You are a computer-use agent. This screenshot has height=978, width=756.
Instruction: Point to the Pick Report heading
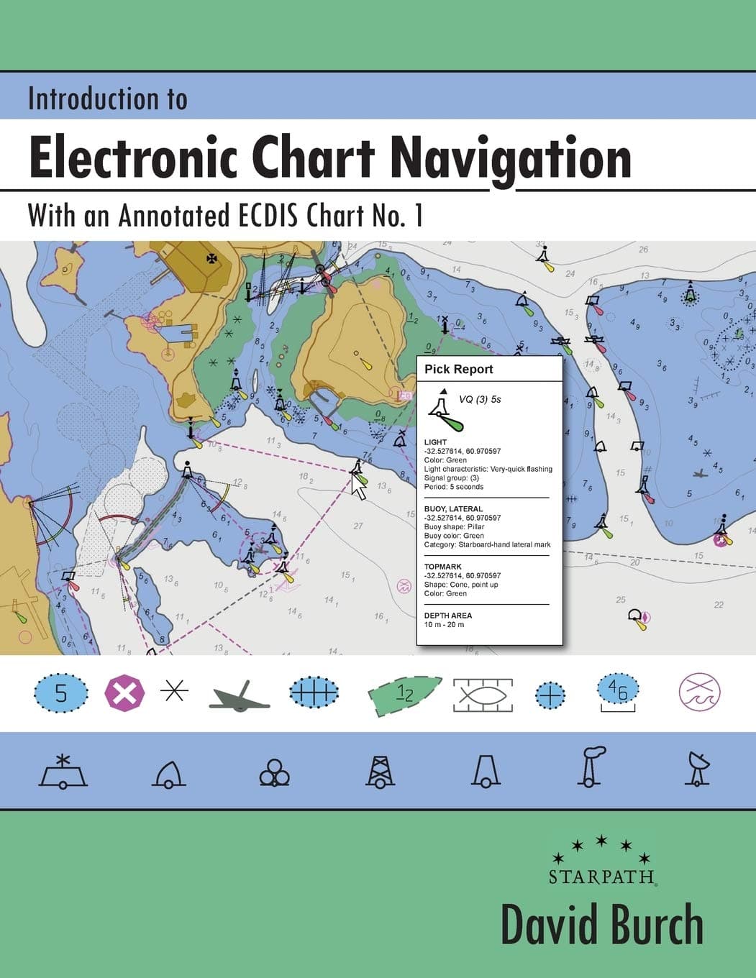(x=458, y=370)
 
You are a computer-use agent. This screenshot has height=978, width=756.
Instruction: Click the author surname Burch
(x=655, y=926)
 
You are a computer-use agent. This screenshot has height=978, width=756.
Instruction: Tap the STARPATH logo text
(x=601, y=877)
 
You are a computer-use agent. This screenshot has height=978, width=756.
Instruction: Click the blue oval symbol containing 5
(x=61, y=694)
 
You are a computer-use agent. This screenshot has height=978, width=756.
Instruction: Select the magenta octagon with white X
(x=125, y=694)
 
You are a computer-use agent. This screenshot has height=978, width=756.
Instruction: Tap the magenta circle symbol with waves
(x=699, y=693)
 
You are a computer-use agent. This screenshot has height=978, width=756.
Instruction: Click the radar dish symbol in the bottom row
(x=696, y=769)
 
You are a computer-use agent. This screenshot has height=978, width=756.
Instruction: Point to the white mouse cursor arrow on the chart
(x=358, y=488)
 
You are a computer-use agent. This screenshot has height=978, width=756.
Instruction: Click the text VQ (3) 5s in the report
(x=480, y=399)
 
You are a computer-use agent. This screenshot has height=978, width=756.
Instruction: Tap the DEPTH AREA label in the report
(x=448, y=616)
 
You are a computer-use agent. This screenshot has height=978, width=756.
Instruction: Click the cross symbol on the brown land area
(x=211, y=258)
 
